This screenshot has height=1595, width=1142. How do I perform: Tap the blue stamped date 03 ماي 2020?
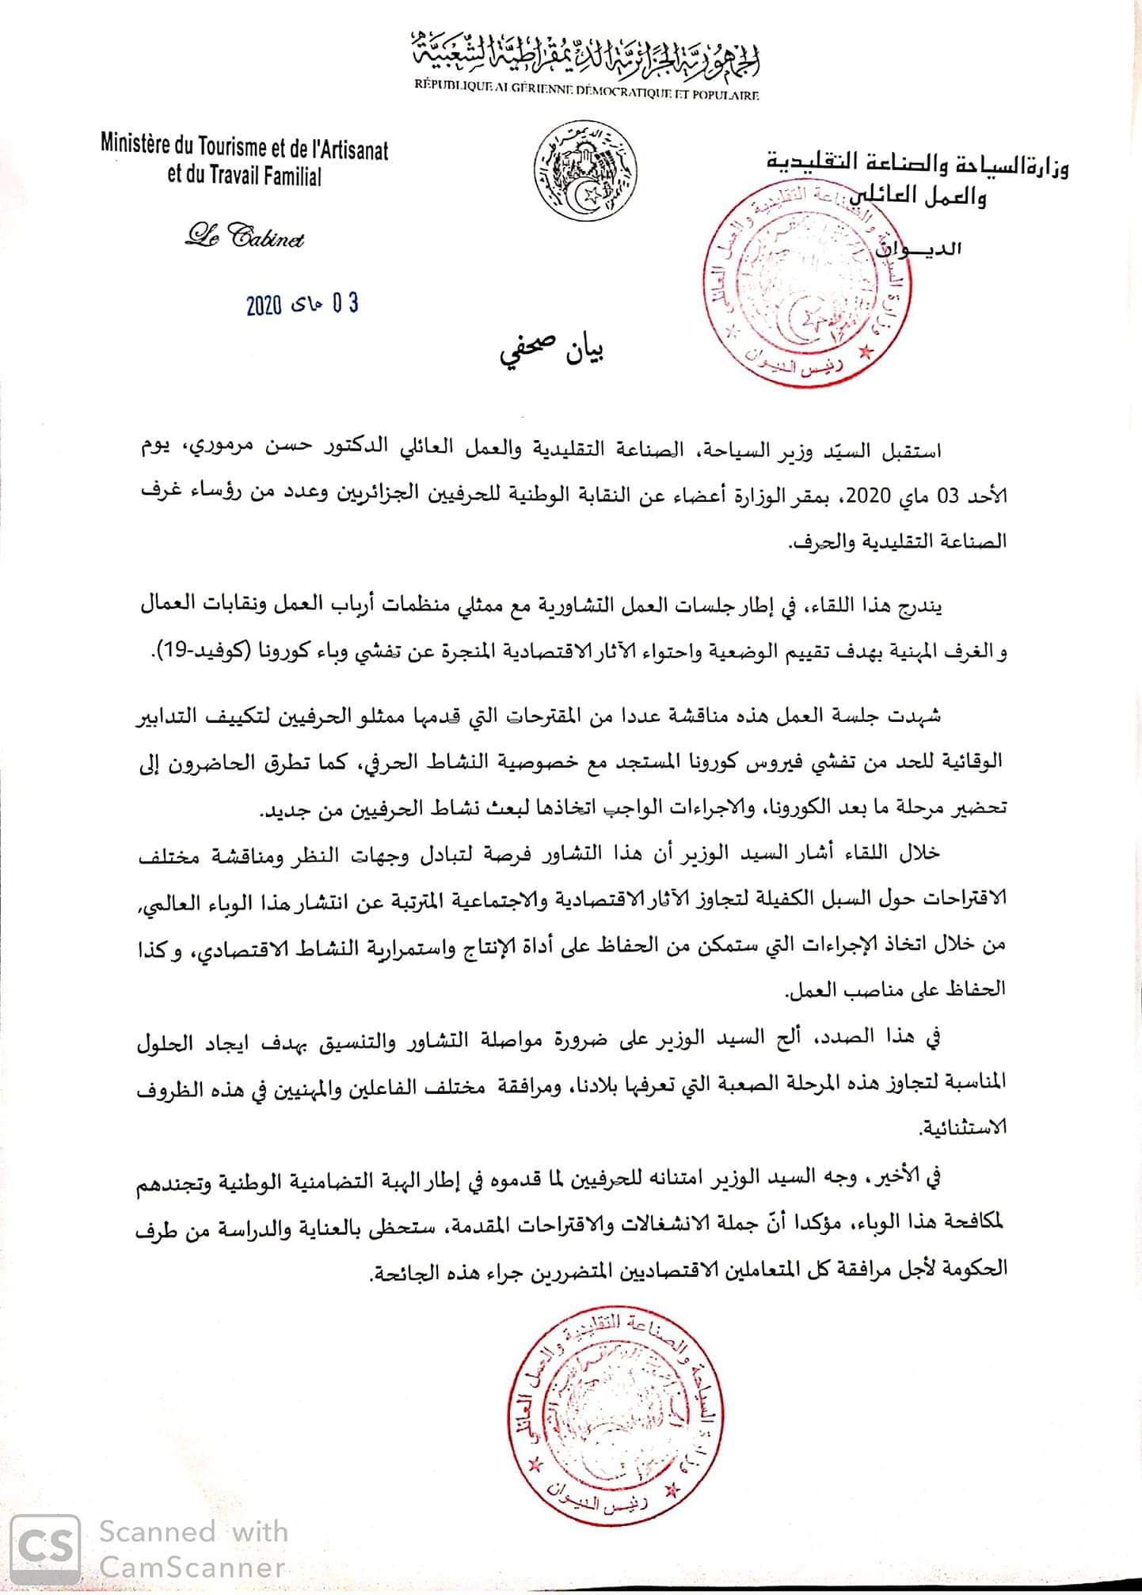302,303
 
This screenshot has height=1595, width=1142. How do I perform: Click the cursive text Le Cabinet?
245,236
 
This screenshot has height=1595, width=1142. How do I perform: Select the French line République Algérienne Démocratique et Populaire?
587,95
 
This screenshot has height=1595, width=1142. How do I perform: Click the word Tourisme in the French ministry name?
226,146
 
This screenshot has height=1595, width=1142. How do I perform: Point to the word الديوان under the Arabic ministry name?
919,249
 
